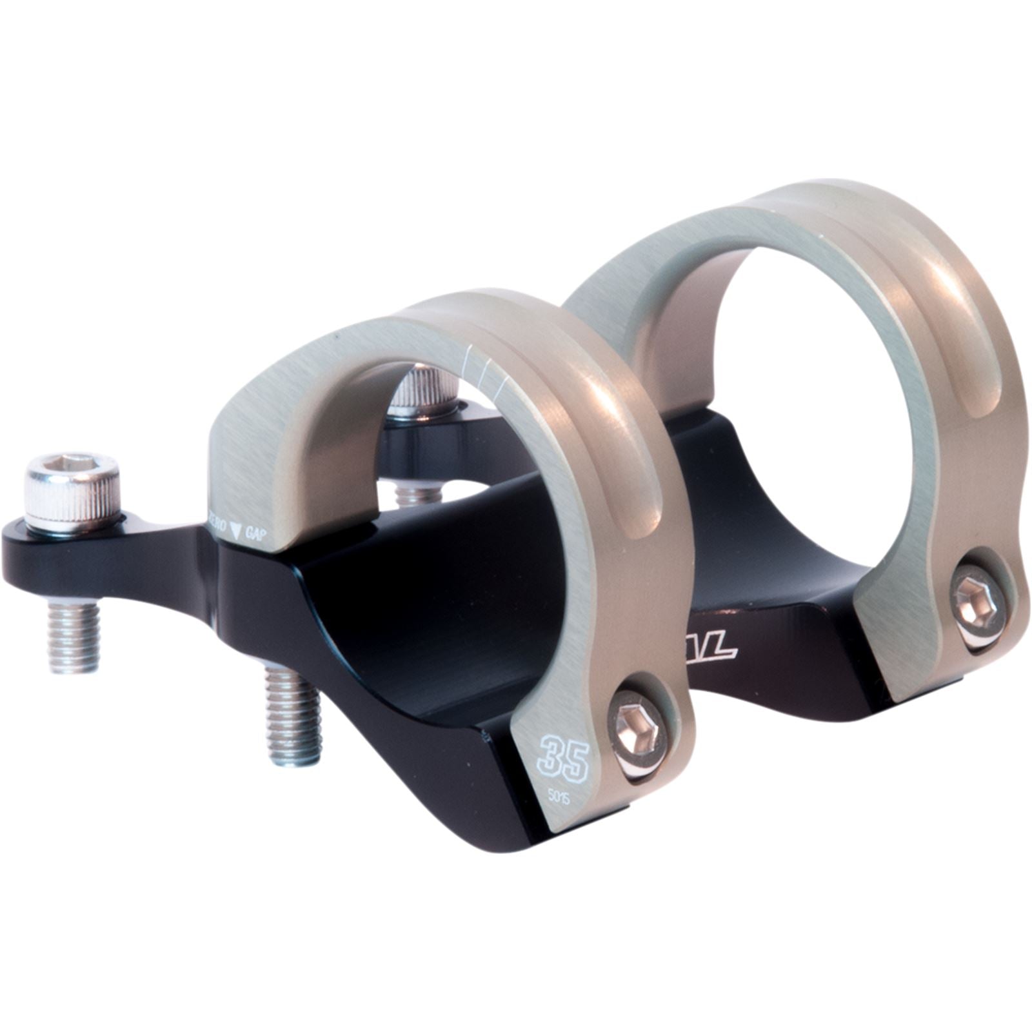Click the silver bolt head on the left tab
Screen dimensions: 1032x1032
(72, 485)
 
